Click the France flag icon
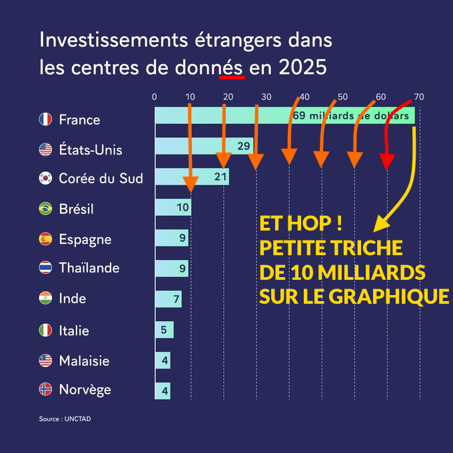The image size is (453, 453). (45, 120)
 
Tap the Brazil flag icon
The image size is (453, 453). (45, 209)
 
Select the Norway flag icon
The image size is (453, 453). (45, 390)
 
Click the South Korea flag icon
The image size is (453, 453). (45, 178)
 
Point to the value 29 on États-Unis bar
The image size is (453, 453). (243, 147)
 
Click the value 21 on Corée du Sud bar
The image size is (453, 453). (221, 177)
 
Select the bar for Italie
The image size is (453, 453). (164, 330)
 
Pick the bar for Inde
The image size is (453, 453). (168, 299)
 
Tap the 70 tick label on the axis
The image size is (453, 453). (418, 97)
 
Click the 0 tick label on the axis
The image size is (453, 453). (155, 97)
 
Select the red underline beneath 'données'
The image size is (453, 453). (232, 77)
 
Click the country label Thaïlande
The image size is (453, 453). (89, 268)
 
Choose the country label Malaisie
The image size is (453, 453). (84, 361)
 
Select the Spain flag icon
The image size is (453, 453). (45, 238)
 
